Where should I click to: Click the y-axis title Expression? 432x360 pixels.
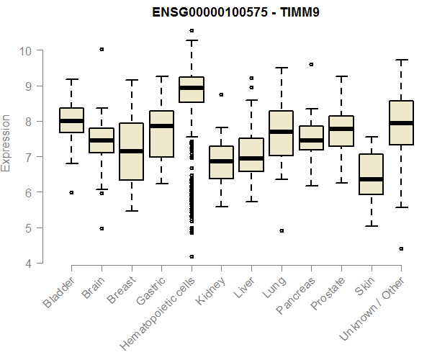click(x=6, y=143)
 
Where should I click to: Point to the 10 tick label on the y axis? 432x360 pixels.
click(x=26, y=50)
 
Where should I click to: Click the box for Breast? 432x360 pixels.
click(x=131, y=151)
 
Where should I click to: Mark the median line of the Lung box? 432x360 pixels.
click(x=281, y=132)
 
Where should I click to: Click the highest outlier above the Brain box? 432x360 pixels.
click(x=102, y=49)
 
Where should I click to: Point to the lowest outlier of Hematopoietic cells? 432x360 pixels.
click(x=192, y=256)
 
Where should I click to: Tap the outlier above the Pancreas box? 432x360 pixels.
click(x=311, y=64)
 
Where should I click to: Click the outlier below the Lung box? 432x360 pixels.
click(x=281, y=230)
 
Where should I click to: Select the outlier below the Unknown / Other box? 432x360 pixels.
click(x=401, y=248)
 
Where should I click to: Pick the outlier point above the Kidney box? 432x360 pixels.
click(x=221, y=94)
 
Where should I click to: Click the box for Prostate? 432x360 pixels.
click(x=341, y=131)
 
